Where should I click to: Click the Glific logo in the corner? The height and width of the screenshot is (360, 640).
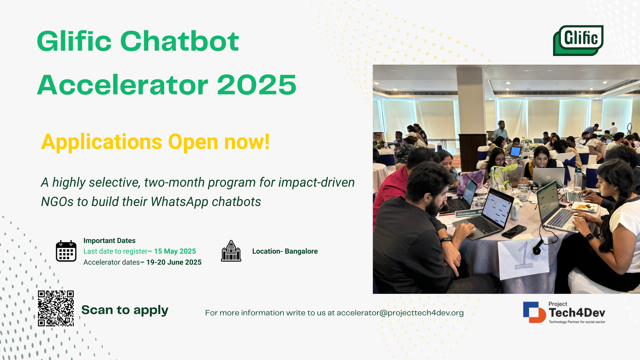pos(578,40)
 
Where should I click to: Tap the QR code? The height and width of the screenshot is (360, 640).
pos(56,308)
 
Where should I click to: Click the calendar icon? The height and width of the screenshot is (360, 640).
pos(66,251)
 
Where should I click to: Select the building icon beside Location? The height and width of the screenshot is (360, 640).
pos(231,251)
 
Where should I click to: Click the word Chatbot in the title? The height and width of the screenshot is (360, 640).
pos(179,41)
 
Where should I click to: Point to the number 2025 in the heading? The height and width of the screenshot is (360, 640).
pos(257,85)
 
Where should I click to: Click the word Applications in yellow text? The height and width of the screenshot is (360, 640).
pos(102,142)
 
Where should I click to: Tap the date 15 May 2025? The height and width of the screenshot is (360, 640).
pos(175,251)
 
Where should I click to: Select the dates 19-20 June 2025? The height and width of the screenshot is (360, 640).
pos(174,262)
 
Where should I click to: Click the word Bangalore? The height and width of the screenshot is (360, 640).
pos(301,251)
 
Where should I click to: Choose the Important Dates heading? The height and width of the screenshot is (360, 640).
pos(109,241)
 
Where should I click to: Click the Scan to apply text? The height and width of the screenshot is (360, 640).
pos(125,310)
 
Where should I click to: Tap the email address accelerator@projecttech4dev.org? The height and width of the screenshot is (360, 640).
pos(400,313)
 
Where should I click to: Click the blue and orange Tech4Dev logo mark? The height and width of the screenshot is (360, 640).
pos(534,312)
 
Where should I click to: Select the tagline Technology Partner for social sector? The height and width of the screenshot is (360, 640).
pos(577,322)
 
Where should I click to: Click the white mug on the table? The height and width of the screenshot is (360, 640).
pos(515,211)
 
